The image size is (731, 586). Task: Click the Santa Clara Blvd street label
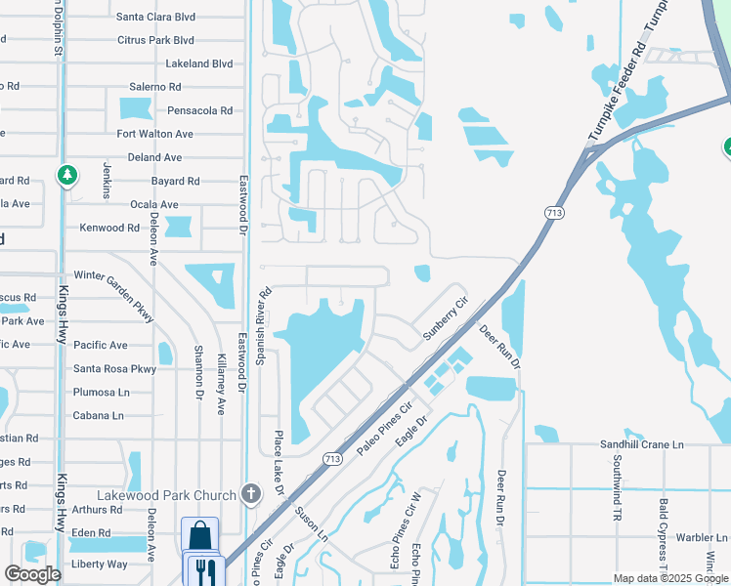tap(155, 17)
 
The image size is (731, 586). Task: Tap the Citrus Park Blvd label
tap(155, 40)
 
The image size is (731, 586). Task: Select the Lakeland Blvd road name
tap(199, 63)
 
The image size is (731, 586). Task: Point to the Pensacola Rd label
tap(199, 110)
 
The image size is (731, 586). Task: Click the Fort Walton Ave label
tap(154, 134)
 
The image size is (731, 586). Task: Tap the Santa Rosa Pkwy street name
tap(114, 369)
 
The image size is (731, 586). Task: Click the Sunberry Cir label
tap(446, 319)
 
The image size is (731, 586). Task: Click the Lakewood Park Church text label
tap(167, 493)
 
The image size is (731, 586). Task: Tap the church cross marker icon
tap(250, 493)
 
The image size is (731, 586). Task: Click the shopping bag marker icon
tap(199, 536)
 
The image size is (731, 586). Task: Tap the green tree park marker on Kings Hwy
tap(66, 176)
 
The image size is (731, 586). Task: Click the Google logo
tap(33, 574)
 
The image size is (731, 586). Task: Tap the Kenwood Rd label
tap(109, 228)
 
